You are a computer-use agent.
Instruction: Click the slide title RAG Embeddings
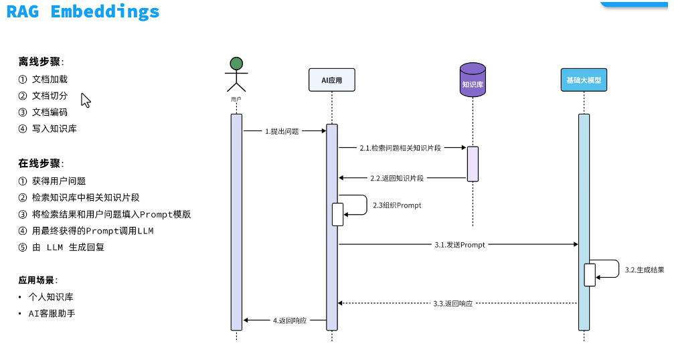[83, 12]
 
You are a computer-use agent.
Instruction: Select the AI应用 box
[331, 80]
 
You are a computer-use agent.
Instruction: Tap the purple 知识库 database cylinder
[473, 80]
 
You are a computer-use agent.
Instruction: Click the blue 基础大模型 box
[584, 80]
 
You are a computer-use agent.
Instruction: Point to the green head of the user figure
[236, 64]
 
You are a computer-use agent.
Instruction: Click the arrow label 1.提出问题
[282, 131]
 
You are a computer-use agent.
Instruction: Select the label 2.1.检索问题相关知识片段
[400, 147]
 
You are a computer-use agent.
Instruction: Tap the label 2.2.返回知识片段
[397, 178]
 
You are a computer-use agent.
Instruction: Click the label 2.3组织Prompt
[397, 205]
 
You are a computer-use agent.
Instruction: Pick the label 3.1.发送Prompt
[459, 245]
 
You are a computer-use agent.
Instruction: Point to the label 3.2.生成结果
[644, 270]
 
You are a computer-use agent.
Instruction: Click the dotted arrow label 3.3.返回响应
[452, 303]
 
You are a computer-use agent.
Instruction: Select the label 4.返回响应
[290, 321]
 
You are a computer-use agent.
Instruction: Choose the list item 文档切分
[50, 96]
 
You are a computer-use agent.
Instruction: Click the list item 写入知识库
[54, 128]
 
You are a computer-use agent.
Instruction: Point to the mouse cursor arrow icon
[85, 100]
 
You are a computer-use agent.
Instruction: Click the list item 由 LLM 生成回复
[68, 247]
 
